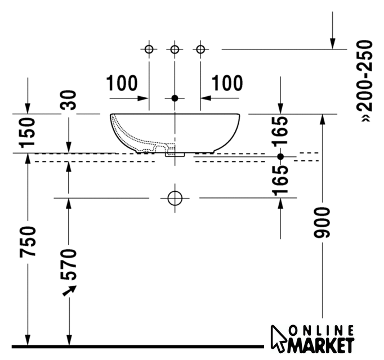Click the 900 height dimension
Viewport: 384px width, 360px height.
tap(322, 222)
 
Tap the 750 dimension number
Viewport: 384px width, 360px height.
tap(28, 242)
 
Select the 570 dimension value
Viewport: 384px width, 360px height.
tap(69, 264)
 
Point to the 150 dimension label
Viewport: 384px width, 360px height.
tap(28, 133)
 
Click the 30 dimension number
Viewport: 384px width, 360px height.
tap(69, 100)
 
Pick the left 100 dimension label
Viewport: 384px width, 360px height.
tap(122, 83)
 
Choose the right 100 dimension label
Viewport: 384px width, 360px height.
tap(227, 83)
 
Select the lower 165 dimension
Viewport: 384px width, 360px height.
tap(280, 181)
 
